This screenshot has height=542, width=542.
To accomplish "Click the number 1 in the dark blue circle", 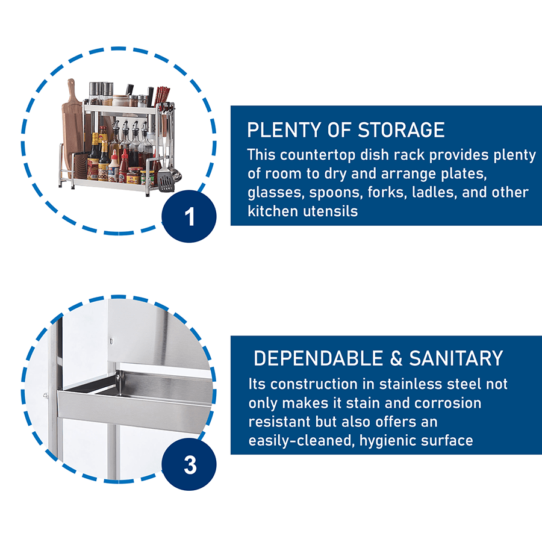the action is [x=190, y=217].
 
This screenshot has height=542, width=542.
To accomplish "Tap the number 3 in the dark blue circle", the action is [x=190, y=465].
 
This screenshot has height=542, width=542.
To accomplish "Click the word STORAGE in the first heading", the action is [x=401, y=130].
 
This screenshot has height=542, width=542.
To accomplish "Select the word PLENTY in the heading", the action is [x=284, y=130].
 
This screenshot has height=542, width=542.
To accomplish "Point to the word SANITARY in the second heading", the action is [x=456, y=358].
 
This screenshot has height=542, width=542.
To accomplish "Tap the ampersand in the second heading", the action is [x=396, y=358].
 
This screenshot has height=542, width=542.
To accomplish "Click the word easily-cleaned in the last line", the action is [x=302, y=441].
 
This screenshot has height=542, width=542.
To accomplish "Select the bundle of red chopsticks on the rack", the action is [x=162, y=96].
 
